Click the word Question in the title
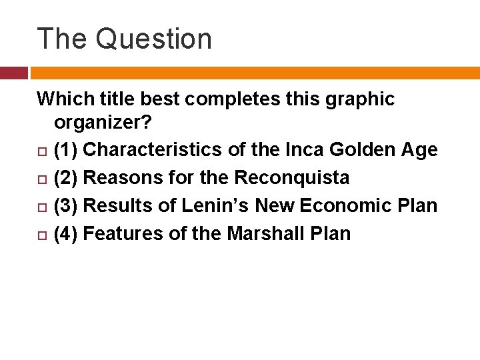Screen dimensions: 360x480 tap(153, 39)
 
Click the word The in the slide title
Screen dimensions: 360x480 tap(62, 39)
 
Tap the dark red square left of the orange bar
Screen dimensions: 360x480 tap(13, 73)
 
